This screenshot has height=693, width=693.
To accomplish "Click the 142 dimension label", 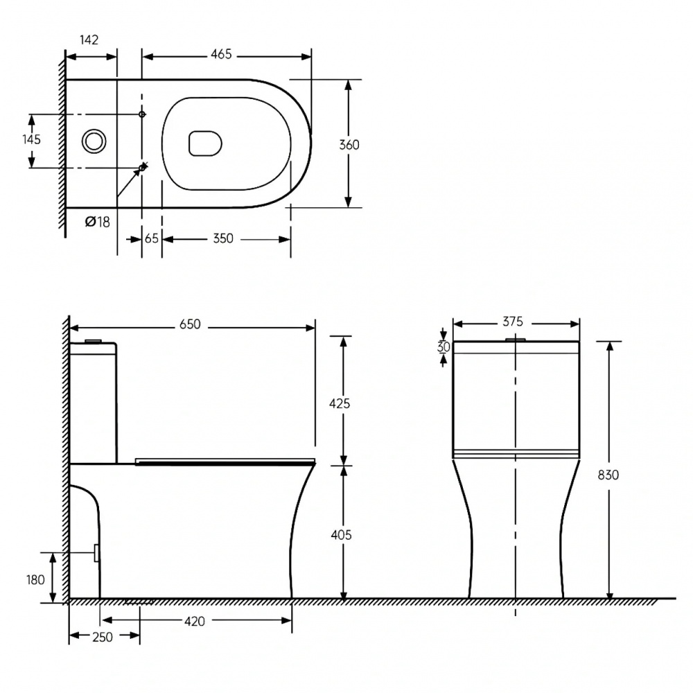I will (89, 40).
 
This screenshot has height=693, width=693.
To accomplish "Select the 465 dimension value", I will (221, 55).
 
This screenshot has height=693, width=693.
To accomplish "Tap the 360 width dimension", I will (349, 145).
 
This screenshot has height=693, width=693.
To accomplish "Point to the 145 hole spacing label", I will (31, 139).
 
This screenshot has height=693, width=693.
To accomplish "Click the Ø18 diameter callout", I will (97, 222).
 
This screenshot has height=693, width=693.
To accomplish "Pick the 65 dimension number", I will (152, 238).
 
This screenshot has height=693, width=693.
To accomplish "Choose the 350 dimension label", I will (222, 238).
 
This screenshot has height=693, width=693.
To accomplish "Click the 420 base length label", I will (195, 622).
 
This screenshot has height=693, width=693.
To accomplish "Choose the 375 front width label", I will (513, 322).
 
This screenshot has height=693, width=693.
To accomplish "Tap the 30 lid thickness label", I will (444, 347).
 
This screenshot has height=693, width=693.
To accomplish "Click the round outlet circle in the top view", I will (94, 141).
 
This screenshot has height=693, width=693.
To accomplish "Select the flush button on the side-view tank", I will (93, 341).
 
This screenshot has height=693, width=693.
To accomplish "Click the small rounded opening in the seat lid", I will (205, 143).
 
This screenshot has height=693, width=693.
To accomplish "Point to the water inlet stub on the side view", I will (96, 552).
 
